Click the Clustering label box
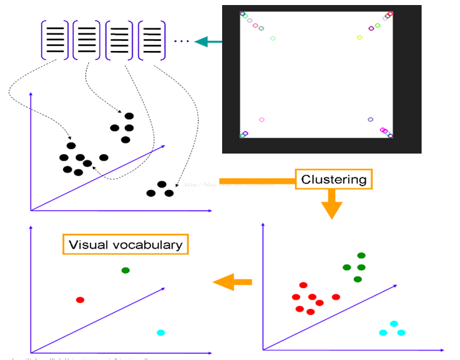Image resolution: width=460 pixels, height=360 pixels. (334, 179)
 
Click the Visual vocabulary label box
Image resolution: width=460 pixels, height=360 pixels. (125, 245)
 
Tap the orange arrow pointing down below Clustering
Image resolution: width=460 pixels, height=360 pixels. (332, 206)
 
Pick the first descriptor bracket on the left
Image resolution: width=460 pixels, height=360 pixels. (55, 40)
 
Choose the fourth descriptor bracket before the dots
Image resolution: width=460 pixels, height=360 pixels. (152, 40)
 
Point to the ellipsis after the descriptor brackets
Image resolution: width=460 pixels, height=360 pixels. (181, 42)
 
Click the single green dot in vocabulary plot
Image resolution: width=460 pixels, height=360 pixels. (125, 270)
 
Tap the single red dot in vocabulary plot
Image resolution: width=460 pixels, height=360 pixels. (80, 300)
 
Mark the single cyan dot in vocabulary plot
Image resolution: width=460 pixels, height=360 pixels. (160, 332)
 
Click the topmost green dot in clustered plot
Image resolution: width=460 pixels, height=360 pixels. (361, 255)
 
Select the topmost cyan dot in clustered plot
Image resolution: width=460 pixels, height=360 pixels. (394, 323)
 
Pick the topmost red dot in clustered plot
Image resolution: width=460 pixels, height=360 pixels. (303, 285)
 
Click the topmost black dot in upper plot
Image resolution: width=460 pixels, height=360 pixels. (129, 116)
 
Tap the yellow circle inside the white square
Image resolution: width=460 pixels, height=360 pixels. (359, 37)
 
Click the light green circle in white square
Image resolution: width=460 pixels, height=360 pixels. (272, 38)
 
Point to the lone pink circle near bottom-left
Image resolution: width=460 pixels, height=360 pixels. (261, 120)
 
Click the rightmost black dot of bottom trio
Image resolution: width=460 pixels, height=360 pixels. (169, 193)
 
